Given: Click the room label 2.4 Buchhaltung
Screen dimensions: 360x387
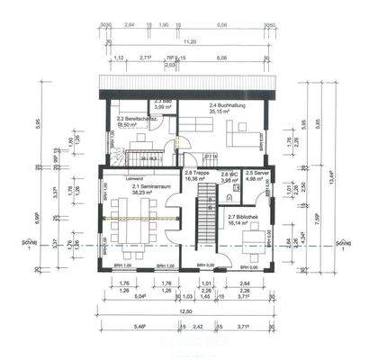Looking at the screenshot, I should tap(225, 106).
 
